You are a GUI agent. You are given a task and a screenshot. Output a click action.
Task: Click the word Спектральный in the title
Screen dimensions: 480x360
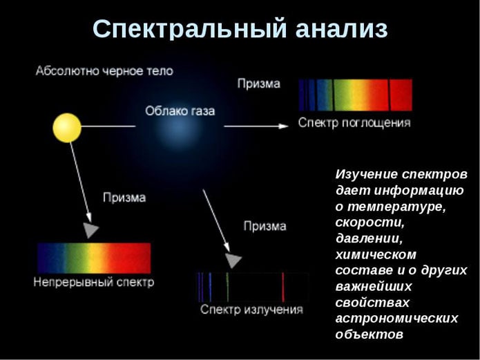click(x=189, y=29)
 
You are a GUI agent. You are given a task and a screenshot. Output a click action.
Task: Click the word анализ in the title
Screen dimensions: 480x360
click(x=342, y=29)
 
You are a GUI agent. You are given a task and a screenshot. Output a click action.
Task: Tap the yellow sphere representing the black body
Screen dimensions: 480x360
click(x=67, y=128)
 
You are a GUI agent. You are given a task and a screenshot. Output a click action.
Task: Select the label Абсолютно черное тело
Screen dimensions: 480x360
click(x=104, y=71)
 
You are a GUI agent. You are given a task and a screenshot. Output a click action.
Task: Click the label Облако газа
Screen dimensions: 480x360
click(x=180, y=111)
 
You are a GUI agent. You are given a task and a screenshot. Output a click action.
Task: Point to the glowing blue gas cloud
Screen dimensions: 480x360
click(x=179, y=127)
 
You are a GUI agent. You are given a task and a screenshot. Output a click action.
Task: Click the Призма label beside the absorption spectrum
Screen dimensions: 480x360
click(x=259, y=84)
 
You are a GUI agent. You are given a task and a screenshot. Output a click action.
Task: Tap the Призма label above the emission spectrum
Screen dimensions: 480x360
click(x=265, y=226)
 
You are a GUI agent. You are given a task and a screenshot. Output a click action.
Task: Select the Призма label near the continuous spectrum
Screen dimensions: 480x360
click(x=124, y=198)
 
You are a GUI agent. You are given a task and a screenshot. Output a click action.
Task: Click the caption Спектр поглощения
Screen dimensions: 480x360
click(x=354, y=123)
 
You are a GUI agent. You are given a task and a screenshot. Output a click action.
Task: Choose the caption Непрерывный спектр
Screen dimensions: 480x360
click(x=94, y=282)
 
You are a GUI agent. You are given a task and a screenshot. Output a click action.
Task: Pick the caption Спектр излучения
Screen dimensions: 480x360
click(x=251, y=309)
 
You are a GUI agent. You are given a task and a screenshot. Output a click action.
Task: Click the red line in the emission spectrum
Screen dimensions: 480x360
click(x=283, y=287)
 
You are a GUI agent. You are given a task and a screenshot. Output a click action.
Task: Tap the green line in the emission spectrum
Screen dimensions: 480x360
click(x=227, y=287)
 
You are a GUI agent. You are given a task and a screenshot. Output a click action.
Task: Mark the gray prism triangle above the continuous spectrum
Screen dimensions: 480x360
click(x=90, y=230)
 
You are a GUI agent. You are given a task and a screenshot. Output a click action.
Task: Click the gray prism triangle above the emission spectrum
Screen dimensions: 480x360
click(x=233, y=260)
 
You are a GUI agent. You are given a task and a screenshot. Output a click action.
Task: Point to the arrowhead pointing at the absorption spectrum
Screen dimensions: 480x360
click(x=283, y=126)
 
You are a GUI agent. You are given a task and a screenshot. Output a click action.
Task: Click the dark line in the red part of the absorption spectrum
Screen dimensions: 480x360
click(x=390, y=95)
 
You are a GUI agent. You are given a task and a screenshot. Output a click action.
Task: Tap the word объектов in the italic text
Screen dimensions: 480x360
click(x=369, y=334)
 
